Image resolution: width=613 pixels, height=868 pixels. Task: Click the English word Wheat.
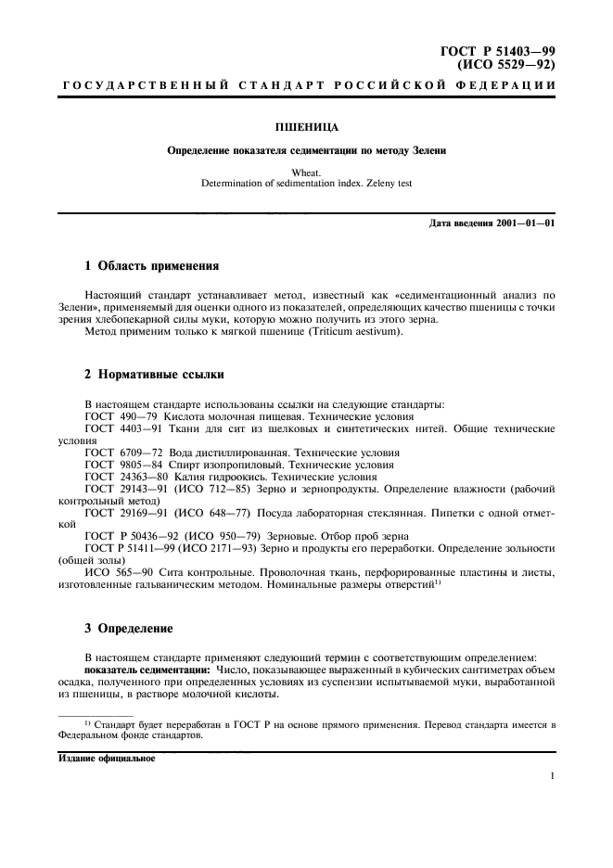pyautogui.click(x=306, y=172)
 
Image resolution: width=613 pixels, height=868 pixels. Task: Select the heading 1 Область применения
pyautogui.click(x=151, y=266)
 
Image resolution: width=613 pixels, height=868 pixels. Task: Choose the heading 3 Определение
pyautogui.click(x=128, y=628)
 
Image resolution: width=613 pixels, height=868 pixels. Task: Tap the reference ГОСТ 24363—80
pyautogui.click(x=125, y=476)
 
